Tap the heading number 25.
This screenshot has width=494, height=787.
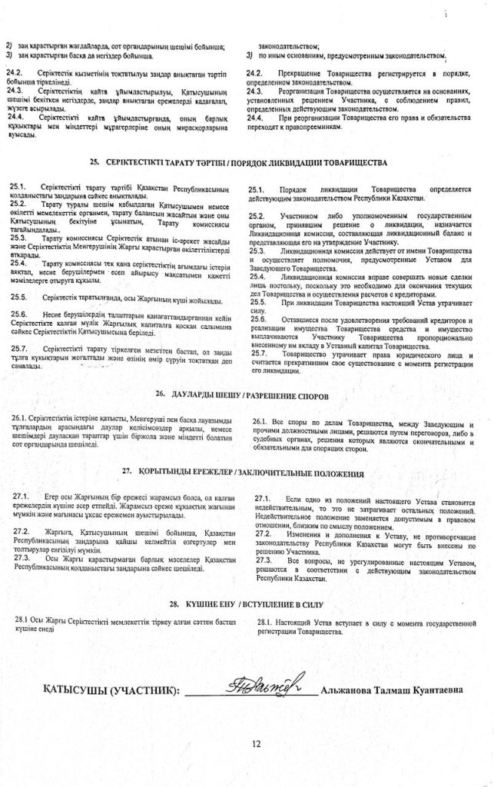coord(94,163)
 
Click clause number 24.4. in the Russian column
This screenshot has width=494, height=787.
coord(256,118)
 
